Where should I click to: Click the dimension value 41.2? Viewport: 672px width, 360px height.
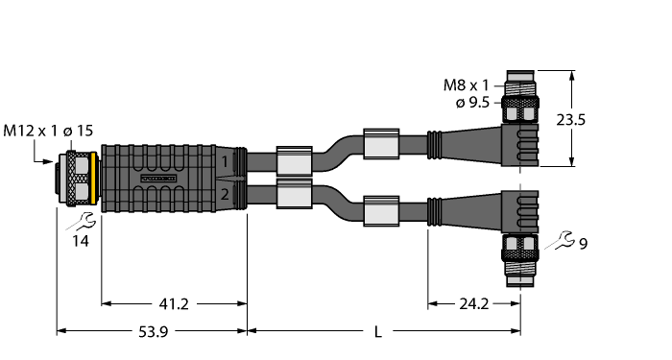[173, 305]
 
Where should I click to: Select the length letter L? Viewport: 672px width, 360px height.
[378, 333]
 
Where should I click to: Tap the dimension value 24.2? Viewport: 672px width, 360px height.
[473, 305]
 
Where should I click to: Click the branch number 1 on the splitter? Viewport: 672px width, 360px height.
[223, 161]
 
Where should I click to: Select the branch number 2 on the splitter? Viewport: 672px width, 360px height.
[223, 196]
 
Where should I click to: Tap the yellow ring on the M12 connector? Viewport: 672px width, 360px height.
[95, 178]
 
